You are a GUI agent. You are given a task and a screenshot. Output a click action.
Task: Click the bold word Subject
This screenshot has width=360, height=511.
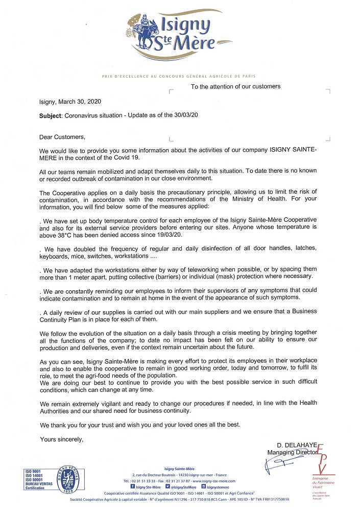(51, 115)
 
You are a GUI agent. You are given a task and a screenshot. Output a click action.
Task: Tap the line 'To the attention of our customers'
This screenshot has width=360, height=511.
(235, 86)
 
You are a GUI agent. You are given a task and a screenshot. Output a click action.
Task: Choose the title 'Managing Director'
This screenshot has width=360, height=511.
(292, 453)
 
